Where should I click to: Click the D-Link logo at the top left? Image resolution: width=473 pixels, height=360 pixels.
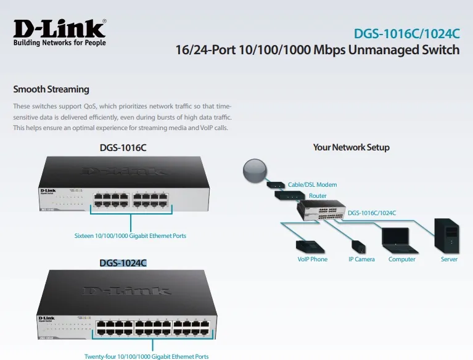tap(59, 28)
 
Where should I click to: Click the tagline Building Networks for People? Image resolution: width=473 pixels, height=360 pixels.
tap(59, 43)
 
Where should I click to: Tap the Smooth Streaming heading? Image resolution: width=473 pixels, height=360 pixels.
tap(51, 89)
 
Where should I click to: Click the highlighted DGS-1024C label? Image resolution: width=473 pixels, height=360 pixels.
tap(123, 263)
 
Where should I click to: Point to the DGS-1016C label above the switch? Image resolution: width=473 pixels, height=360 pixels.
tap(123, 148)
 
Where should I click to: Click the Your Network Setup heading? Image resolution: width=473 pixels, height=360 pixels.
tap(351, 147)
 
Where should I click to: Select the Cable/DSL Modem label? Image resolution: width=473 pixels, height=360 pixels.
tap(312, 184)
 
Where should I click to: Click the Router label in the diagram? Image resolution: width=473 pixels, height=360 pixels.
tap(318, 196)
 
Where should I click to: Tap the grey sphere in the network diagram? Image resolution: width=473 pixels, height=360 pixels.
tap(255, 171)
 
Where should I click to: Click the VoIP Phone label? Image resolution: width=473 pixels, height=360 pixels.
tap(312, 260)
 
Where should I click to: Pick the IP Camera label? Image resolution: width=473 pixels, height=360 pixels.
tap(361, 260)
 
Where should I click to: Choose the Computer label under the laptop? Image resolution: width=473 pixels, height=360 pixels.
tap(401, 260)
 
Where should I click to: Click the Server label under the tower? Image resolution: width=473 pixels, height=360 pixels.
tap(449, 260)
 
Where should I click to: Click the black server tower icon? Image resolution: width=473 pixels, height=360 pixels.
tap(448, 236)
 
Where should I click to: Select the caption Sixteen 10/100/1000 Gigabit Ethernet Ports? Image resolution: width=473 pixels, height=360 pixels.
tap(130, 235)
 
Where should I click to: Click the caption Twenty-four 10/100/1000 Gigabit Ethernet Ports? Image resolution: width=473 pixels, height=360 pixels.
tap(146, 356)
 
